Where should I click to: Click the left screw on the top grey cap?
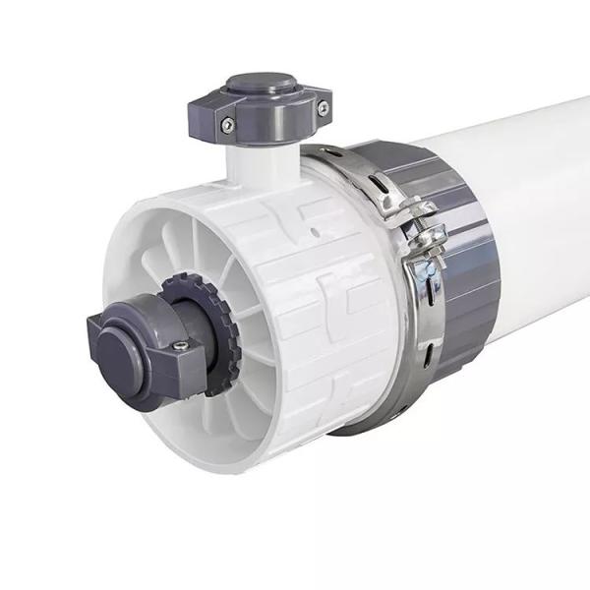[x=227, y=125]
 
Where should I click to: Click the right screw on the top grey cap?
[x=322, y=107]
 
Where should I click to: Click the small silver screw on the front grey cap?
[x=179, y=345]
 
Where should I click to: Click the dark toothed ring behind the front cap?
[x=220, y=324]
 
